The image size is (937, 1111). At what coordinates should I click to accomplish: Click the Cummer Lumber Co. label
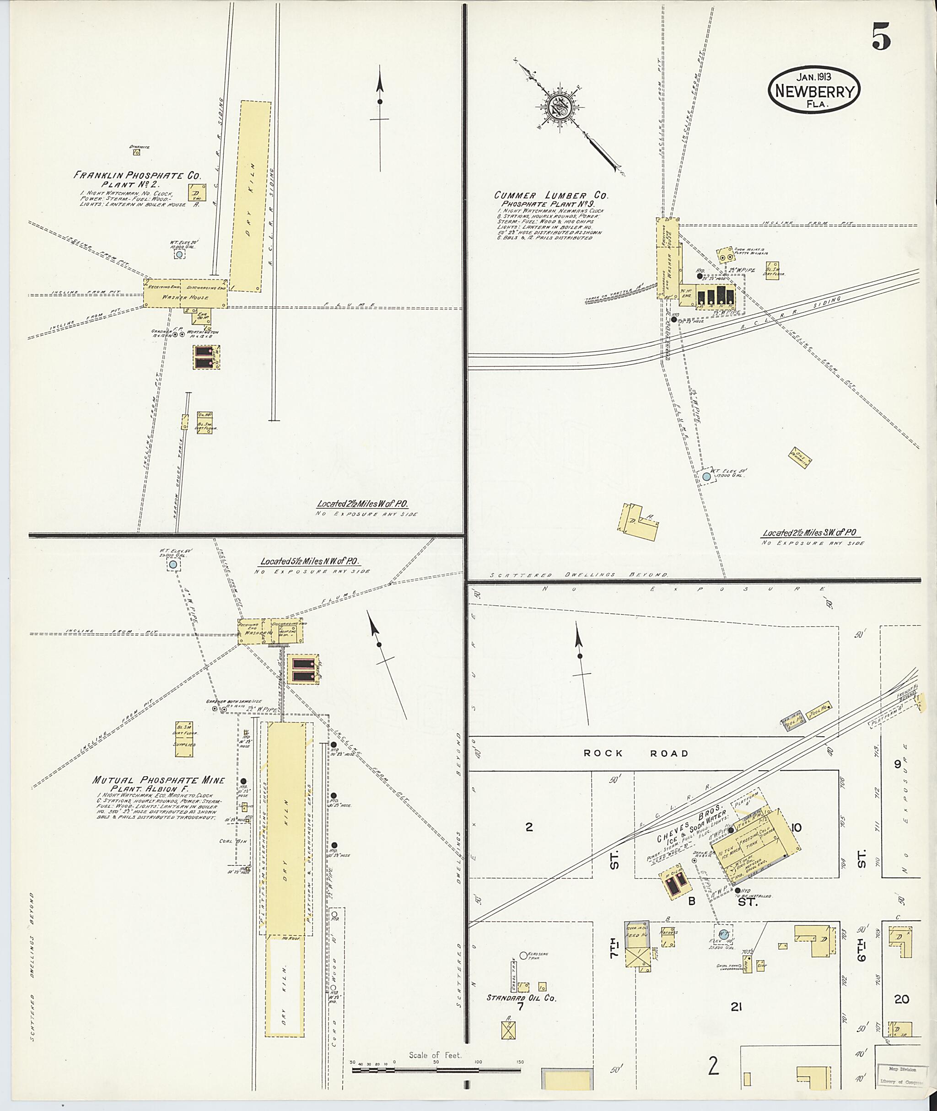point(551,195)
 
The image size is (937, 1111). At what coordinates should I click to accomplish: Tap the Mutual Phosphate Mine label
point(158,780)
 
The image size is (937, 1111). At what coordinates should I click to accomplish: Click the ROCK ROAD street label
point(636,753)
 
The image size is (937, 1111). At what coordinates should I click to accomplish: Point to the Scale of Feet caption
point(435,1055)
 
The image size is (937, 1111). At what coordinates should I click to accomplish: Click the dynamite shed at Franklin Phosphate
point(136,152)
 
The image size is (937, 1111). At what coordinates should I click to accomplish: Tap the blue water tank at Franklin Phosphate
point(179,255)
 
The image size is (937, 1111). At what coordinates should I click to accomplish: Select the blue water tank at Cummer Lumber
point(706,477)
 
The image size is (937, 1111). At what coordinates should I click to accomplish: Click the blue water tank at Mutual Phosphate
point(172,565)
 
